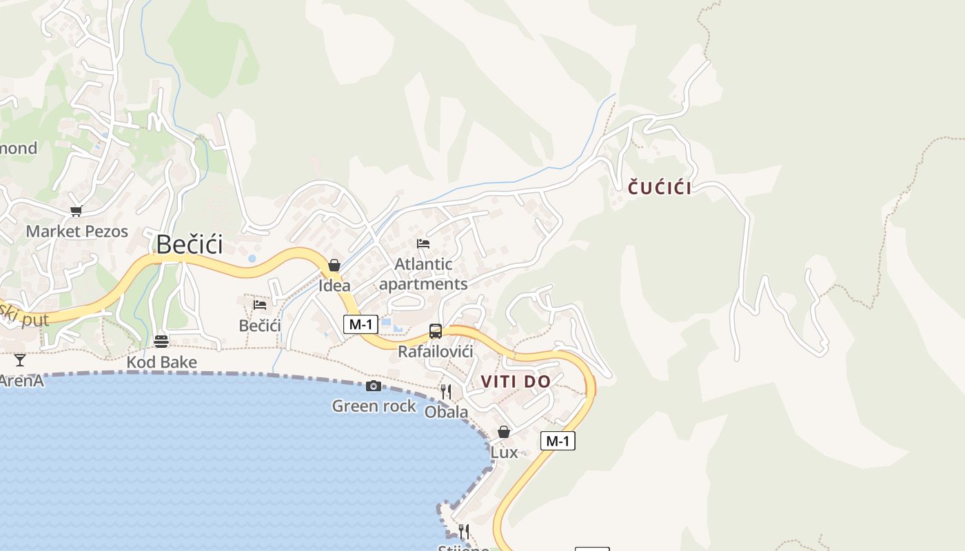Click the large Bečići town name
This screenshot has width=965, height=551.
[x=190, y=245]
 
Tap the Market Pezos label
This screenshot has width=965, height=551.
[x=77, y=231]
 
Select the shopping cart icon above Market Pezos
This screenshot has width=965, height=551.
[x=76, y=211]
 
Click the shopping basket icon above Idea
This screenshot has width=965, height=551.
[x=334, y=265]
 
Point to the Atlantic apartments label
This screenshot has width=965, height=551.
[x=423, y=274]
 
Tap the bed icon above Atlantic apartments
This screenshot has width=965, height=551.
[x=423, y=244]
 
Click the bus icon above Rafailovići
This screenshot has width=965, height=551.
[x=436, y=331]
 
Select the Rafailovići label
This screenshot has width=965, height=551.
[x=436, y=352]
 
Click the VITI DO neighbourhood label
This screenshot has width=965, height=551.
[x=516, y=382]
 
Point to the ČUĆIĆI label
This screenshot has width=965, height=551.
[x=660, y=188]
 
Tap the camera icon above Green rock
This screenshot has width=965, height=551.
[x=374, y=386]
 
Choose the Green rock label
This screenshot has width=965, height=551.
[x=374, y=406]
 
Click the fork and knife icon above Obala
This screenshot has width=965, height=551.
[x=446, y=392]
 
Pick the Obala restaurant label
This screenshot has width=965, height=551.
[x=446, y=413]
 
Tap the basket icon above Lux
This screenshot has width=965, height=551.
[x=504, y=432]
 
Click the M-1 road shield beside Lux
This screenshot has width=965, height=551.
[x=558, y=441]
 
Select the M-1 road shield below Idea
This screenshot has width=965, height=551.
[x=360, y=324]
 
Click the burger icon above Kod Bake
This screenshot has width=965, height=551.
[x=161, y=342]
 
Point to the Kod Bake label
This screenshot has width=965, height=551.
[x=161, y=362]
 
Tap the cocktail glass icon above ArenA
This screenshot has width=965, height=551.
[x=20, y=360]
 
